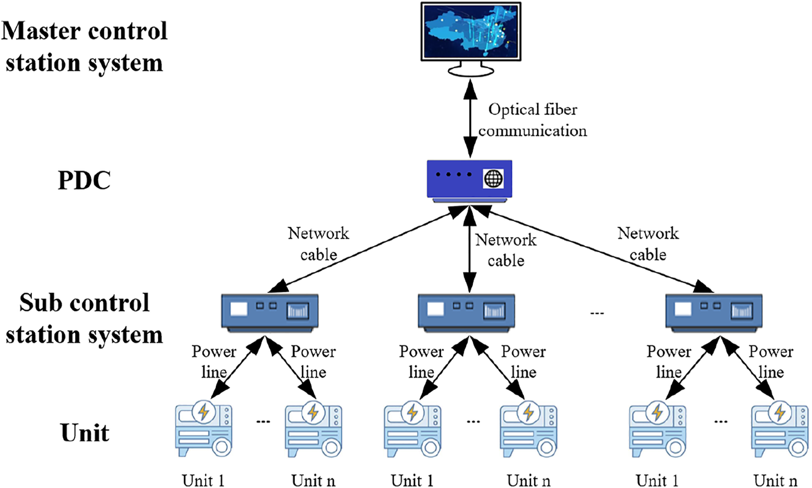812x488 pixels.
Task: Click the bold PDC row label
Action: (84, 179)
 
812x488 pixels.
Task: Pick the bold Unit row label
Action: (85, 431)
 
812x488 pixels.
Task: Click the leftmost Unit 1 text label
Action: (203, 481)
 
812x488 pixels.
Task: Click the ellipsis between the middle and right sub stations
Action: (597, 313)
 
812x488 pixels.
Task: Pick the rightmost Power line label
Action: (771, 362)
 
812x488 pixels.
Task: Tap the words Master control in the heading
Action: (85, 31)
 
